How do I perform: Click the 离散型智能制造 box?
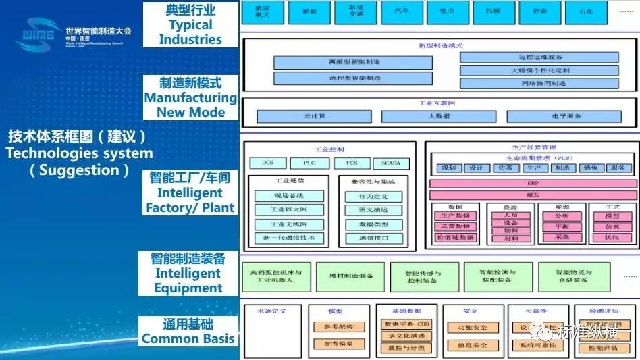tap(353, 62)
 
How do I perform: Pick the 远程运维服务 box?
tap(548, 57)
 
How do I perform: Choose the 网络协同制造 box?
tap(548, 84)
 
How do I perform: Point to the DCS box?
tap(268, 163)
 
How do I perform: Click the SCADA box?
tap(391, 163)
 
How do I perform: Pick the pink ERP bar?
tap(533, 183)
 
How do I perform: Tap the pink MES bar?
tap(533, 195)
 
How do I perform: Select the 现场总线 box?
tap(289, 196)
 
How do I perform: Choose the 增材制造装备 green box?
tap(350, 277)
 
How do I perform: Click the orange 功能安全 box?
tap(471, 328)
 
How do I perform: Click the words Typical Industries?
tap(190, 32)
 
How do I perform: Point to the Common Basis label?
tap(188, 339)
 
